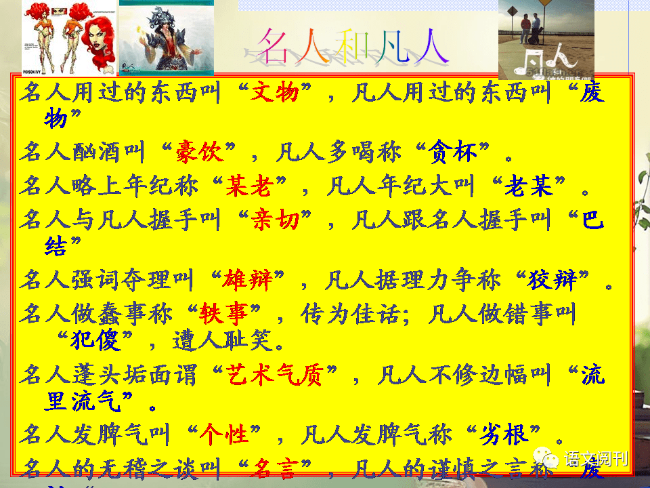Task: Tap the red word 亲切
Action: click(x=275, y=219)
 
